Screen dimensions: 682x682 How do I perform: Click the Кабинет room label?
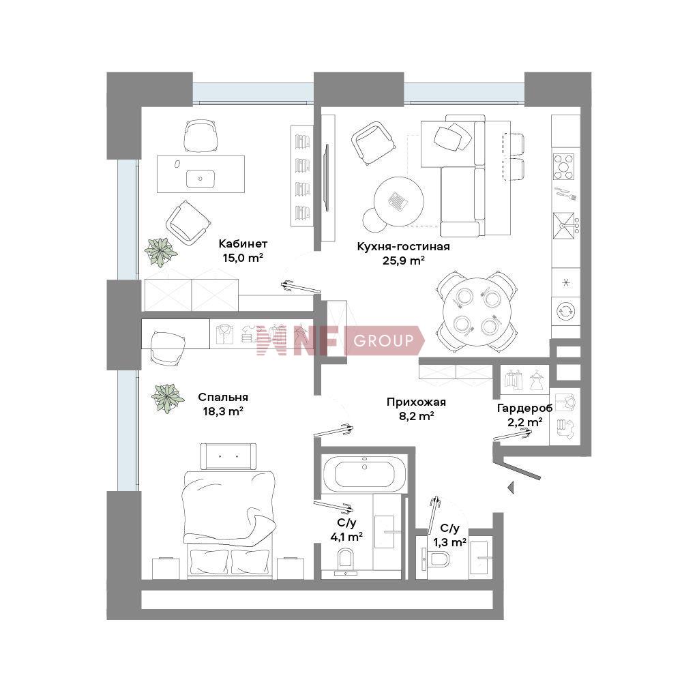[243, 243]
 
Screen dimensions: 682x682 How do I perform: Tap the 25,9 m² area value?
[403, 261]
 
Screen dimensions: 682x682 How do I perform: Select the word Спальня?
[223, 397]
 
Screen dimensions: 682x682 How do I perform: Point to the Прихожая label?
[416, 402]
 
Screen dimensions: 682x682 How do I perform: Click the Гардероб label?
[524, 409]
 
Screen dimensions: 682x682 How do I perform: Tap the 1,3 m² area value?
[449, 542]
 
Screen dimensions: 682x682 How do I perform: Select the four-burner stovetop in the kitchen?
[564, 166]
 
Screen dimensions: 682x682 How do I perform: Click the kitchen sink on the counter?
[564, 226]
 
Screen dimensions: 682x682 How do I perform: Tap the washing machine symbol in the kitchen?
[566, 312]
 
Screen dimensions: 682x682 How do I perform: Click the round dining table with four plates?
[477, 312]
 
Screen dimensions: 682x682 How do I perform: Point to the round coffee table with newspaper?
[398, 201]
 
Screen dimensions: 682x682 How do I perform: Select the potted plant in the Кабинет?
[161, 252]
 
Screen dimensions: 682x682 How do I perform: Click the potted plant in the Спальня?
[168, 398]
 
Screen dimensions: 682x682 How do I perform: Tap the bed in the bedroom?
[229, 524]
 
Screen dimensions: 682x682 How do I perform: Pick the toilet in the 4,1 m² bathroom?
[346, 561]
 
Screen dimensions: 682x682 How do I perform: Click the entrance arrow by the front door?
[511, 488]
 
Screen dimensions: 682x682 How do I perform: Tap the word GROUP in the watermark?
[383, 340]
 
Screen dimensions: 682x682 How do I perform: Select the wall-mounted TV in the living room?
[326, 177]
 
